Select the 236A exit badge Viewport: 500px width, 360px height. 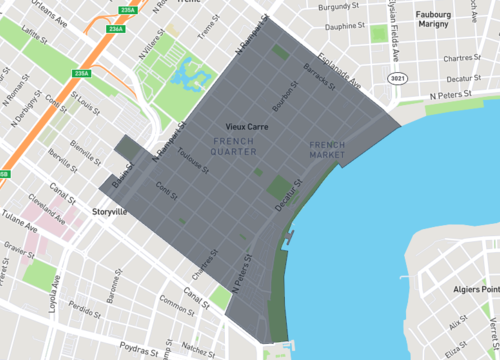point(115,29)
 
